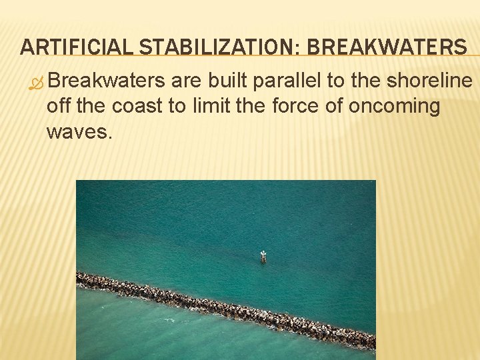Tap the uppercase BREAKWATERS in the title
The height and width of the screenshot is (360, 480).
coord(387,47)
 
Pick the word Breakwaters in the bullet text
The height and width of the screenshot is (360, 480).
coord(106,81)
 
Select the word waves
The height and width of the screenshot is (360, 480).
coord(79,131)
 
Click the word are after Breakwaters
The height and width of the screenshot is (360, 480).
coord(185,81)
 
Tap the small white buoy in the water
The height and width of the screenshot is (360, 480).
coord(263,255)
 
